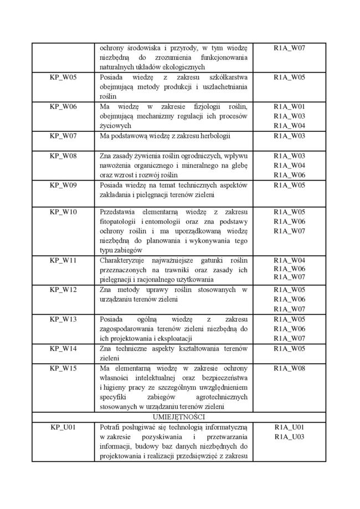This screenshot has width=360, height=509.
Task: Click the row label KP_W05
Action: pyautogui.click(x=63, y=78)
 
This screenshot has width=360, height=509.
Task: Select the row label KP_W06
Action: pyautogui.click(x=63, y=106)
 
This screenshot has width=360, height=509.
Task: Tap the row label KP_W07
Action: pyautogui.click(x=63, y=136)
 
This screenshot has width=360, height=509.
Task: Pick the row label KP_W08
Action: pyautogui.click(x=63, y=156)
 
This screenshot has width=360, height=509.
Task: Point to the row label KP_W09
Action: pyautogui.click(x=63, y=184)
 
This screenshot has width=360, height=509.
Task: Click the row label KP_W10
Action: pyautogui.click(x=63, y=212)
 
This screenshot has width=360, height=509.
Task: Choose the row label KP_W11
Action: pyautogui.click(x=63, y=260)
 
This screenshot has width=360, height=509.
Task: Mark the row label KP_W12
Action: pyautogui.click(x=63, y=290)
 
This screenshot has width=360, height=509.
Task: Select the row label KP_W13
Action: pyautogui.click(x=63, y=319)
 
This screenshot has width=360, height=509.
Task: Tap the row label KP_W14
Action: pyautogui.click(x=63, y=348)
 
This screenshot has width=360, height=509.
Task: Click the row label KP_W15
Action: pyautogui.click(x=63, y=368)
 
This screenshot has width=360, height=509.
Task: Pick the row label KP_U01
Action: pyautogui.click(x=63, y=427)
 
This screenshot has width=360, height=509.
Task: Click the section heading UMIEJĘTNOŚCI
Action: pyautogui.click(x=178, y=417)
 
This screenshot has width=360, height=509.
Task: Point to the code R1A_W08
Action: pyautogui.click(x=289, y=368)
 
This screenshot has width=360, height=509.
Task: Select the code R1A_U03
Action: pyautogui.click(x=289, y=437)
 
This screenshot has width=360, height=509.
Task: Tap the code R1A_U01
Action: pyautogui.click(x=289, y=427)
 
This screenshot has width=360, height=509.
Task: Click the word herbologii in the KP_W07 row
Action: pyautogui.click(x=213, y=136)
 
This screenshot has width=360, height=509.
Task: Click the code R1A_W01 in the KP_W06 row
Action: pyautogui.click(x=289, y=106)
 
